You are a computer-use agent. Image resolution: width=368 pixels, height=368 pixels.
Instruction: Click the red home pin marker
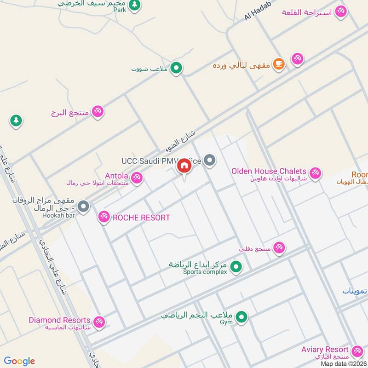coord(184,166)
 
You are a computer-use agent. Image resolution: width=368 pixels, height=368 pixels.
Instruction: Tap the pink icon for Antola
coord(136,177)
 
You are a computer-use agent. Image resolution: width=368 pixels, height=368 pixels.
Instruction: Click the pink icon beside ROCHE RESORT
coord(104,217)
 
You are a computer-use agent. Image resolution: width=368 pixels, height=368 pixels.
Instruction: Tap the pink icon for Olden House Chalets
coord(315,173)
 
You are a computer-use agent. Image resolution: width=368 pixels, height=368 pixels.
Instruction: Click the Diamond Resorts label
coord(59,320)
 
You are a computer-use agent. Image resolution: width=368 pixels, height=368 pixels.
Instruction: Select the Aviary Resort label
coord(325,350)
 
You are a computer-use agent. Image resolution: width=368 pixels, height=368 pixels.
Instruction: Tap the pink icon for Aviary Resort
coord(356,351)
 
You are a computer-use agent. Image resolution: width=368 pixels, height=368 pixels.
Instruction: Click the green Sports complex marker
coord(236,266)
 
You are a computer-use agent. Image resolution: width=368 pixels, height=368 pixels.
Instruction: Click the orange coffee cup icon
coord(278,64)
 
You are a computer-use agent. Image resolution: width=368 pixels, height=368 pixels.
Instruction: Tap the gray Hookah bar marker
coord(83,207)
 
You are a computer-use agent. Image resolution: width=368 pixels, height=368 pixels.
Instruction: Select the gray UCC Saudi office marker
coord(210,160)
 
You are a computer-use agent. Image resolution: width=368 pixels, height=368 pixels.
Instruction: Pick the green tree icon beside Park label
coord(134,5)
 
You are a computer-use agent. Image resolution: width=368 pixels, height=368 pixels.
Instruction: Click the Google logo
coord(19,361)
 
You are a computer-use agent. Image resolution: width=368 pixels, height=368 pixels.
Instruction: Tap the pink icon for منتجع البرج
coord(97,111)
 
